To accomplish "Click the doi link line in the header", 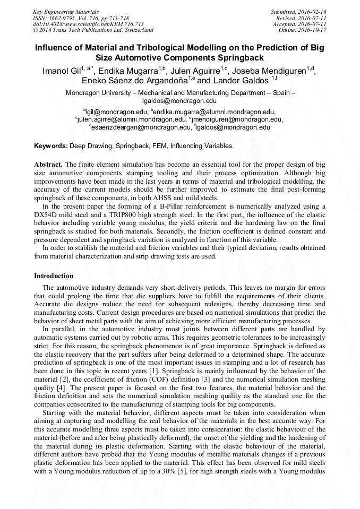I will click(x=88, y=24).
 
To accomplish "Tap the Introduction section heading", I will click(x=54, y=276).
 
